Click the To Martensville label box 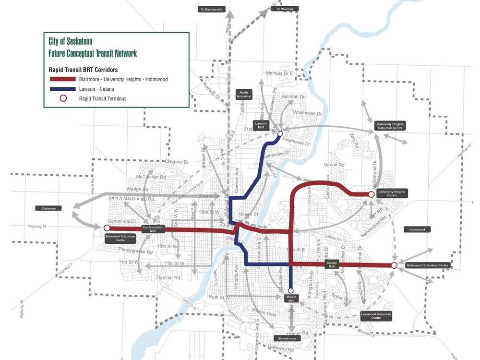[211, 9]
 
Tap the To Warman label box [285, 9]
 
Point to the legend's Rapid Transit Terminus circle [61, 99]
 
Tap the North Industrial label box [244, 95]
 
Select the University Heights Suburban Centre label [390, 126]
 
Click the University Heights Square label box [392, 194]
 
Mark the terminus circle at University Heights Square [371, 194]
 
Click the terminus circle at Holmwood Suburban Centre [394, 265]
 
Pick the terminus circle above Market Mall [290, 290]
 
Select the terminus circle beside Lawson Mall [280, 134]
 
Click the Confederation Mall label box [153, 228]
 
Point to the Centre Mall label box [332, 264]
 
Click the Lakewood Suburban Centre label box [376, 316]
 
